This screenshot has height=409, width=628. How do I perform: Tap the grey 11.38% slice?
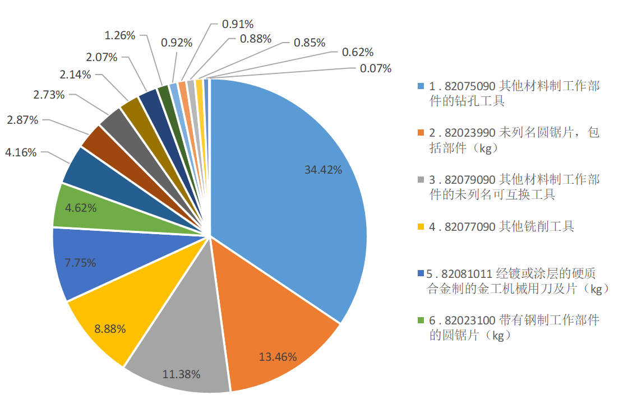[x=179, y=353]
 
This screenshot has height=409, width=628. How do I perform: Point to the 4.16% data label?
[x=22, y=152]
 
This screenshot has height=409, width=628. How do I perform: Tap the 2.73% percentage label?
[x=49, y=95]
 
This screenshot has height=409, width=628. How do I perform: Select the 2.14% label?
[x=76, y=75]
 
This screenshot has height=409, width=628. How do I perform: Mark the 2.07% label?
[x=101, y=57]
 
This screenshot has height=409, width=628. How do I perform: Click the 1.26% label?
[x=120, y=35]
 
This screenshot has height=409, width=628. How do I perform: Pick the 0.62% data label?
[x=358, y=52]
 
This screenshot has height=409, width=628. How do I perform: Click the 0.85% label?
[x=310, y=42]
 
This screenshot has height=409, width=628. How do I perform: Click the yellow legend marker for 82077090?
[x=422, y=227]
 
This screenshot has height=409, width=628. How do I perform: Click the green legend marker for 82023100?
[x=422, y=321]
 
